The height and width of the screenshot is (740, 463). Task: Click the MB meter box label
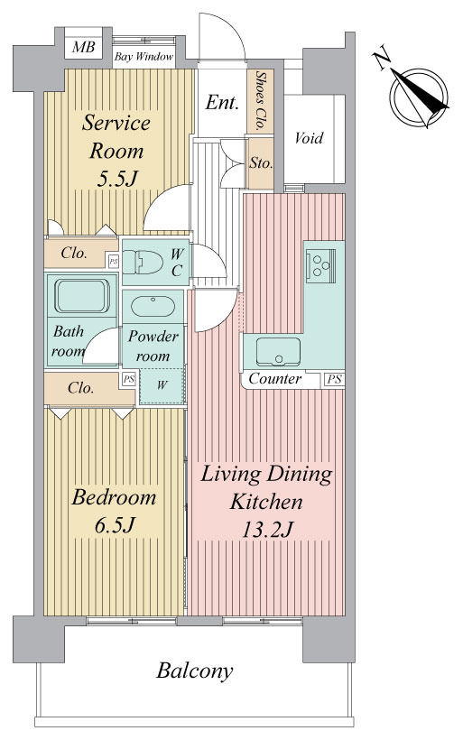(84, 47)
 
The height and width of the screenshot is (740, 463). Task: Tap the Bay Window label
(144, 57)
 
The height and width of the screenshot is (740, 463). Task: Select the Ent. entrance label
(222, 103)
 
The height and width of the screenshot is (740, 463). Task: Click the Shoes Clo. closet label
(260, 100)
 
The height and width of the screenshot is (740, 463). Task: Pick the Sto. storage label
(261, 163)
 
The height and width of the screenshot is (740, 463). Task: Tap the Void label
(310, 138)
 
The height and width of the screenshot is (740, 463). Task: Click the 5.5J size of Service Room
(116, 179)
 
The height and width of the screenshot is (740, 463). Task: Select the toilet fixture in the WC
(143, 263)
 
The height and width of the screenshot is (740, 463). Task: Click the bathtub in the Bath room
(82, 296)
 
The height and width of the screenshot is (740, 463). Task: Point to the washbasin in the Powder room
(153, 307)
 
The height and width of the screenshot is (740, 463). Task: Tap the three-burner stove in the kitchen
(320, 265)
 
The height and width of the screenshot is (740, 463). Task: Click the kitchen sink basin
(279, 352)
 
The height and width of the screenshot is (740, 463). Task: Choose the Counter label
(274, 378)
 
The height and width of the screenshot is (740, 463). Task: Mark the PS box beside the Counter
(334, 379)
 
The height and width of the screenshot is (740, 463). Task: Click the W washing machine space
(162, 385)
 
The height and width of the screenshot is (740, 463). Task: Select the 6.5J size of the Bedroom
(116, 525)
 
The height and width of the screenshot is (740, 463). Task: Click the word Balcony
(194, 671)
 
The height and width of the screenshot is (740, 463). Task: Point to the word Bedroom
(114, 497)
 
